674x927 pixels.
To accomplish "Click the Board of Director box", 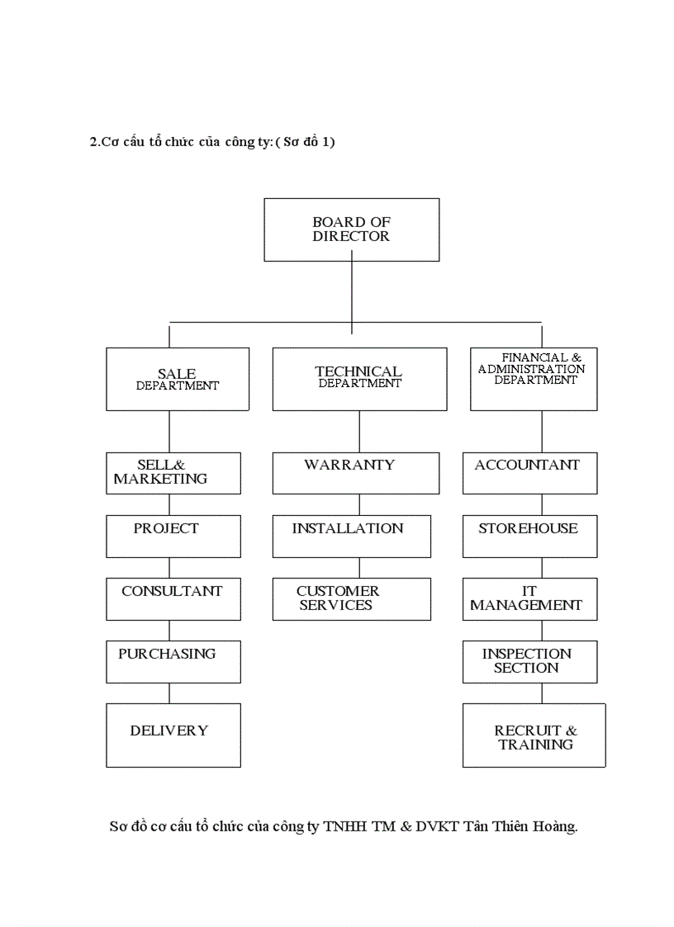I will tap(351, 229).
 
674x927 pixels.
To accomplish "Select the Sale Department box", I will tap(177, 379).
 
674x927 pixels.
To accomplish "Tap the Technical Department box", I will tap(359, 379).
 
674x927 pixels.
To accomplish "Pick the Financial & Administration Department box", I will tap(534, 379).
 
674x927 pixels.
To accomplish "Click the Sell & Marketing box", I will tap(173, 473).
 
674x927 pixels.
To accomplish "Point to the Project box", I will tap(173, 536).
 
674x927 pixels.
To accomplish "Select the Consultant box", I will tap(173, 598).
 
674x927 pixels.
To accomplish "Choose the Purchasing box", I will tap(173, 661).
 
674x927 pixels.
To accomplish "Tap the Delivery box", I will tap(173, 735).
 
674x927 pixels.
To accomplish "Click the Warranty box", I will tap(355, 473).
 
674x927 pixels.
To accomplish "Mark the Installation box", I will tap(351, 536).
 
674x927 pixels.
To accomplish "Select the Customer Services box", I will tap(351, 598).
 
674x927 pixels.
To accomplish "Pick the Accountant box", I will tap(529, 473).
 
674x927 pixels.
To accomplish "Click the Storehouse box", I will tap(529, 536).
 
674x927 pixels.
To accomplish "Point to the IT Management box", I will tap(529, 598).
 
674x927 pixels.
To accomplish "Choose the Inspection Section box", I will tap(529, 661).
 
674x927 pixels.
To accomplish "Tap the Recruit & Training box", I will tap(534, 735).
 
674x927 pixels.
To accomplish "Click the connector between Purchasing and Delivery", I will tap(169, 693).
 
